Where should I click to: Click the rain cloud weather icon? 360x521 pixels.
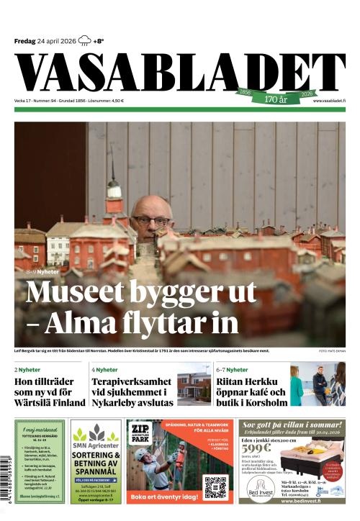pos(85,40)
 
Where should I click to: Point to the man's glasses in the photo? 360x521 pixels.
pos(150,219)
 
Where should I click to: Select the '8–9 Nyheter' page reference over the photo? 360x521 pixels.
pos(42,273)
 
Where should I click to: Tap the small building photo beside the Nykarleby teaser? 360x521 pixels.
pos(193,388)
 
